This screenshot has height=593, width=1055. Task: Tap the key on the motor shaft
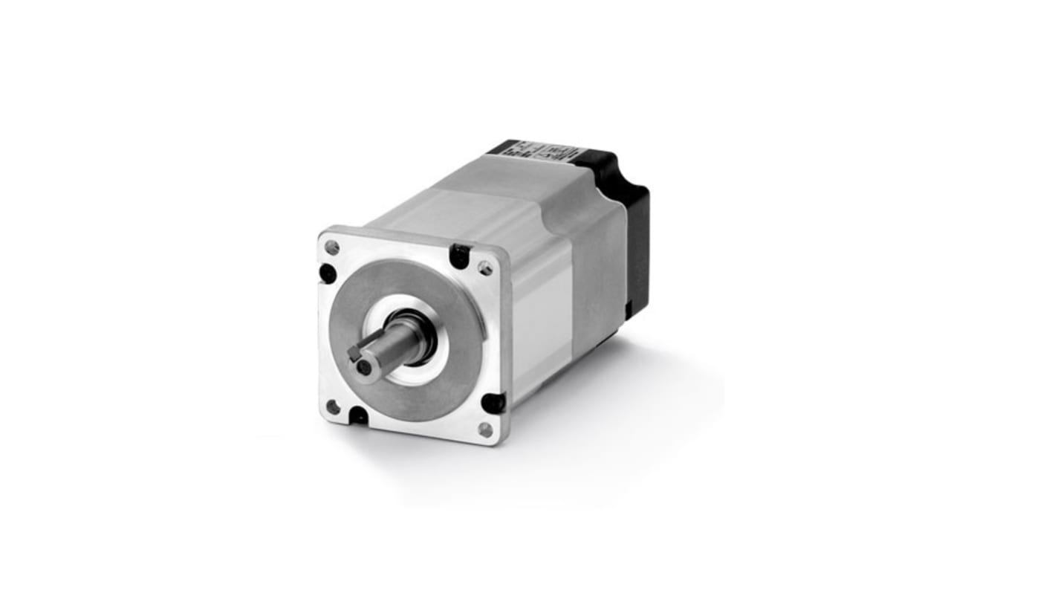pyautogui.click(x=356, y=351)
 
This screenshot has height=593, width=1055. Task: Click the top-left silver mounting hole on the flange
pyautogui.click(x=332, y=247)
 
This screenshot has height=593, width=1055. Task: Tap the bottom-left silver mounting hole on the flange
pyautogui.click(x=333, y=406)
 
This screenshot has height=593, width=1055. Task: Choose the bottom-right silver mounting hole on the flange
pyautogui.click(x=485, y=430)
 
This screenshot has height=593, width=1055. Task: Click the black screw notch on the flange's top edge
pyautogui.click(x=459, y=257)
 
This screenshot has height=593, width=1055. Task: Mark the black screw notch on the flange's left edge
pyautogui.click(x=328, y=273)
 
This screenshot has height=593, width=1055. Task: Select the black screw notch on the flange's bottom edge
pyautogui.click(x=359, y=415)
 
